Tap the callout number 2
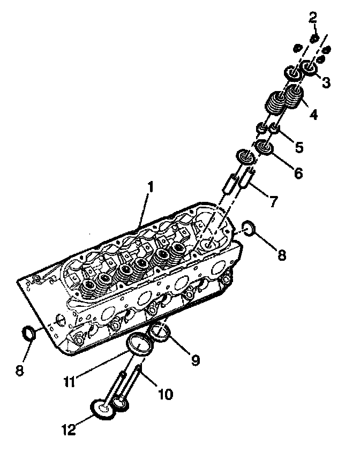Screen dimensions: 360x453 click(x=312, y=18)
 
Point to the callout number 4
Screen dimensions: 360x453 click(x=313, y=114)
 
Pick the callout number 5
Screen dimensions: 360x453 click(x=298, y=146)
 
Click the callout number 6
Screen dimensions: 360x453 click(x=298, y=173)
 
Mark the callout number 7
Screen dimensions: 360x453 click(x=273, y=202)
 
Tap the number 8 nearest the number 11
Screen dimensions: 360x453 click(x=20, y=370)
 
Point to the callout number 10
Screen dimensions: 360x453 click(x=166, y=395)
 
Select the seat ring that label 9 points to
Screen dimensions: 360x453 click(x=160, y=332)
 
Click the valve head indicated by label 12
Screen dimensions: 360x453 click(x=102, y=410)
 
